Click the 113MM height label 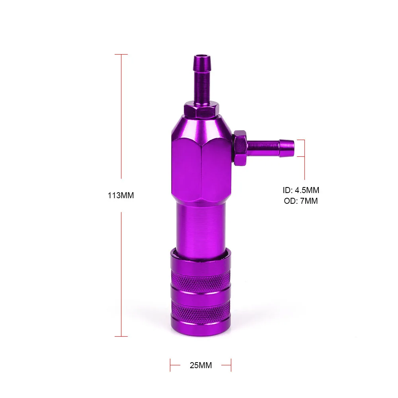click(121, 195)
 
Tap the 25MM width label click(201, 365)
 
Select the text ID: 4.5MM click(301, 190)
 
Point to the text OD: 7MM click(301, 201)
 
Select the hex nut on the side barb click(240, 148)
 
